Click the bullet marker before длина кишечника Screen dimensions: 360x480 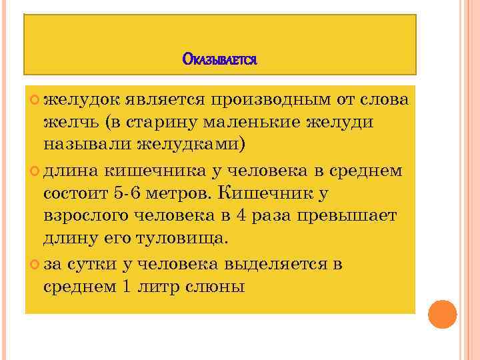point(35,170)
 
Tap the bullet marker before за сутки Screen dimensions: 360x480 point(35,263)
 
